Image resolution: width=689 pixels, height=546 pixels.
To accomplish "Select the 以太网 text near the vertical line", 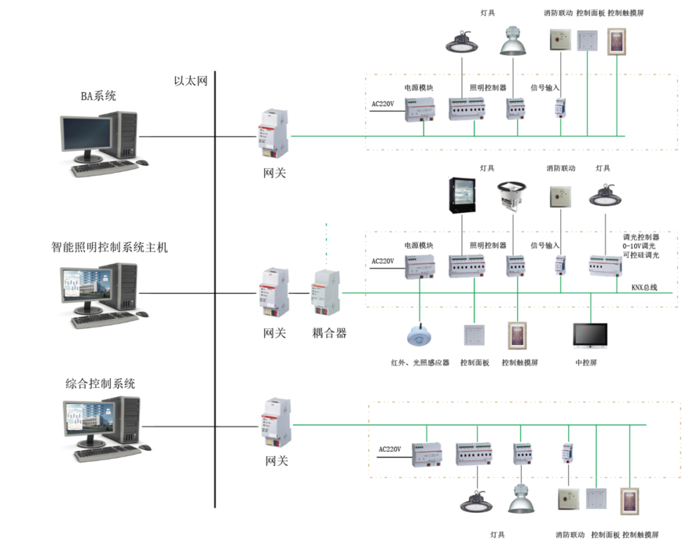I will coord(191,81).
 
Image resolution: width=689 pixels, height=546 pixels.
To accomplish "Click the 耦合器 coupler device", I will coord(325,293).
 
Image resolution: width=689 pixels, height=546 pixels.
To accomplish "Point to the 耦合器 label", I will coord(329,333).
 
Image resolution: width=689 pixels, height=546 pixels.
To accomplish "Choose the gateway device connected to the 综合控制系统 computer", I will coord(275,425).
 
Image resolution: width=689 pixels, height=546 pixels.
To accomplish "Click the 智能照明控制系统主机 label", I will coord(110,247).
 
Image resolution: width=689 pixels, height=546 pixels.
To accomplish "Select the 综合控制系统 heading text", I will coord(101,384).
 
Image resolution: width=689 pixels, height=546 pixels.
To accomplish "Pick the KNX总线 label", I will coord(644,288).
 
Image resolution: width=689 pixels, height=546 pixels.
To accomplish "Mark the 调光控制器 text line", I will coord(641,236).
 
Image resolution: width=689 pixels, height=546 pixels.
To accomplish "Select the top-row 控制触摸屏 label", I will coord(625,13).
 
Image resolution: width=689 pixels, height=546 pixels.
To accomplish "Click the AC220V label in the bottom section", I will coord(389,449).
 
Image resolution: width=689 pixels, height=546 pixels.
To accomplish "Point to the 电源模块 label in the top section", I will coord(419,87).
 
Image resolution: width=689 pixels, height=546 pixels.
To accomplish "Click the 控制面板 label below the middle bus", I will coord(475,362).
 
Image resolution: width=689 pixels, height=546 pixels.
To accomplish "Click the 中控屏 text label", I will coord(590,362).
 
